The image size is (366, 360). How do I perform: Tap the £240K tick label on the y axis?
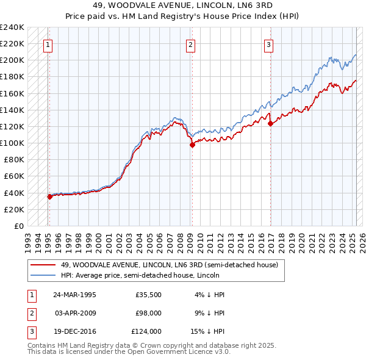click(x=12, y=27)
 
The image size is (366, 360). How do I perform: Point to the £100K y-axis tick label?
click(x=12, y=143)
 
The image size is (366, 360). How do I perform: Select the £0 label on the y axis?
click(x=18, y=226)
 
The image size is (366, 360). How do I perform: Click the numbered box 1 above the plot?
click(x=48, y=44)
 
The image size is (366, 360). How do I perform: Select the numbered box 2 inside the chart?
click(x=191, y=44)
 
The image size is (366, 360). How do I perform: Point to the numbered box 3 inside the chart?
click(x=269, y=44)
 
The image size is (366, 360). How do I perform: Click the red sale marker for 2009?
click(x=192, y=145)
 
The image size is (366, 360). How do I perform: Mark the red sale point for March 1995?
click(x=50, y=196)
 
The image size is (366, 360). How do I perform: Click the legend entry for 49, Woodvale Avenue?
click(x=169, y=265)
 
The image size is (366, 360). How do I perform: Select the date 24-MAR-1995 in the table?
click(x=75, y=295)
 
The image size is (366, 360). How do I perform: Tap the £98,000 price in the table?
click(x=148, y=313)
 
